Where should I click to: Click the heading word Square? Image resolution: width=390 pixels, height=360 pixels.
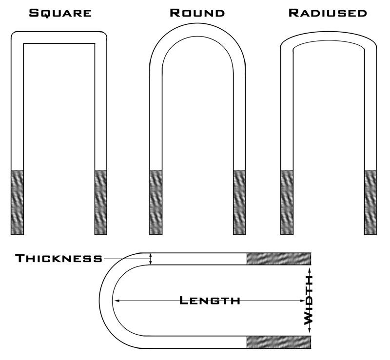[60, 13]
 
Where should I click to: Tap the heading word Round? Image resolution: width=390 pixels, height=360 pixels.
[197, 13]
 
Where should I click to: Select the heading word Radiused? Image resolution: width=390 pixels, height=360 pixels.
[327, 13]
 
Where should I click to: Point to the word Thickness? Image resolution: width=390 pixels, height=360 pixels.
[58, 258]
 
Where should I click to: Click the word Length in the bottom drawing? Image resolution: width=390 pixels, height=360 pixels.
[210, 301]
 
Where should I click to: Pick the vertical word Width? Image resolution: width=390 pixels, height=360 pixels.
[309, 300]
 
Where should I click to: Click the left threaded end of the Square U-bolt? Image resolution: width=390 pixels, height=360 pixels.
[17, 202]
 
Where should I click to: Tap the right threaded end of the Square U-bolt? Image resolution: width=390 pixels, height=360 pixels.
[101, 202]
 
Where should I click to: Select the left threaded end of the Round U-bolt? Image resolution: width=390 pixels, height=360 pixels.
[156, 202]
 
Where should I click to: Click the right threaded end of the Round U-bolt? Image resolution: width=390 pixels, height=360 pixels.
[239, 202]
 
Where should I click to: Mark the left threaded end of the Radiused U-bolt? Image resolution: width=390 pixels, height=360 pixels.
[287, 202]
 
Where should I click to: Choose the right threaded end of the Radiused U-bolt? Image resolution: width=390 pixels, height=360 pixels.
[370, 202]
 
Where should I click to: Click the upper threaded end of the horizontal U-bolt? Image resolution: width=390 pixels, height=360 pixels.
[278, 259]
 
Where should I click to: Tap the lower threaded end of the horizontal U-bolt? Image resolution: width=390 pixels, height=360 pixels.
[278, 342]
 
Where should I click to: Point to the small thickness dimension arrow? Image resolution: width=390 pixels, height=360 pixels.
[151, 259]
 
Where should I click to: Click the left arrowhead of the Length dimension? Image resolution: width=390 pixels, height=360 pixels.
[116, 301]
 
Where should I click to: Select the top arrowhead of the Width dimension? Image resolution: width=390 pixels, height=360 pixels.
[309, 269]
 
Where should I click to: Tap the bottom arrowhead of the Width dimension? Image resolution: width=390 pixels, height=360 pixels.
[309, 332]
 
